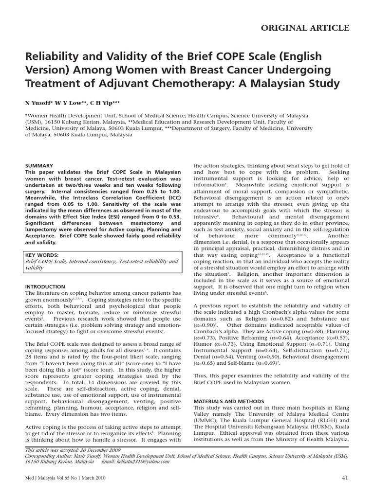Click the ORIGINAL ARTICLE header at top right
point(305,28)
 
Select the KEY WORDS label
point(41,255)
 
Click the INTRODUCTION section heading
point(45,287)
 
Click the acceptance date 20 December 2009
point(103,450)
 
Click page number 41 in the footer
point(345,479)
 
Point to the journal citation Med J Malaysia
point(42,479)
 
